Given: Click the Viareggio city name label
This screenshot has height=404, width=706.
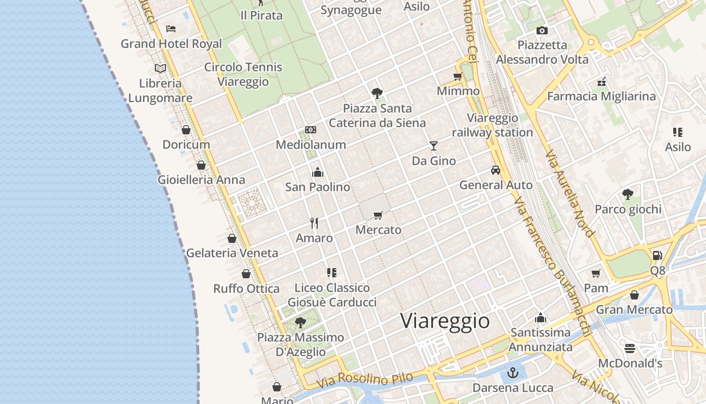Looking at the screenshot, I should coord(445,321).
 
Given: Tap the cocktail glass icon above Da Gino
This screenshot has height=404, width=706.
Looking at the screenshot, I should coord(434,146).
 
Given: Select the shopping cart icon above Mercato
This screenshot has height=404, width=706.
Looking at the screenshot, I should coord(378,215).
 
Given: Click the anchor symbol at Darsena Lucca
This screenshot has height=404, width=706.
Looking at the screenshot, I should coord(513,373).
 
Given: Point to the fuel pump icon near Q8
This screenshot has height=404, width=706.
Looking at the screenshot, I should coord(657,256).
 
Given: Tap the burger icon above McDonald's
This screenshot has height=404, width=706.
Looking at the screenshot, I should coord(629,348).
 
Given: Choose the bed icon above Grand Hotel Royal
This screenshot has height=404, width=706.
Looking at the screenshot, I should coord(171,29).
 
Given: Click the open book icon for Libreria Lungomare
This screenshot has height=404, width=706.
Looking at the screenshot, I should coord(160,68).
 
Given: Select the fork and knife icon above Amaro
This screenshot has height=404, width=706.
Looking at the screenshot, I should coord(314,223).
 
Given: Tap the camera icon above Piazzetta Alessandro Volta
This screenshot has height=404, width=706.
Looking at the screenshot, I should coord(542,30).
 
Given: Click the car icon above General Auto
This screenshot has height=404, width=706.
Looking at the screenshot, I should coord(496,170).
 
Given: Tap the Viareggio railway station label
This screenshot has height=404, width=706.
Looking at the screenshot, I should coord(492,125).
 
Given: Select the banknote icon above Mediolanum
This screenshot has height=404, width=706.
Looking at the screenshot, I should coord(311,130).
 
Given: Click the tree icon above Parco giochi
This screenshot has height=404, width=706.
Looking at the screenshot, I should coord(628,194).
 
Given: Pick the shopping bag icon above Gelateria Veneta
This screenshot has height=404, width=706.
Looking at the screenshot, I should coord(232,238).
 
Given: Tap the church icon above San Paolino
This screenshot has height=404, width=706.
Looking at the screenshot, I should coord(318,172).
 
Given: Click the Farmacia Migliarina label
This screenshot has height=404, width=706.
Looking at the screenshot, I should coord(601,96).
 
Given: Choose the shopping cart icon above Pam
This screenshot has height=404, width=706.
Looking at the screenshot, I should coord(596,273).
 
